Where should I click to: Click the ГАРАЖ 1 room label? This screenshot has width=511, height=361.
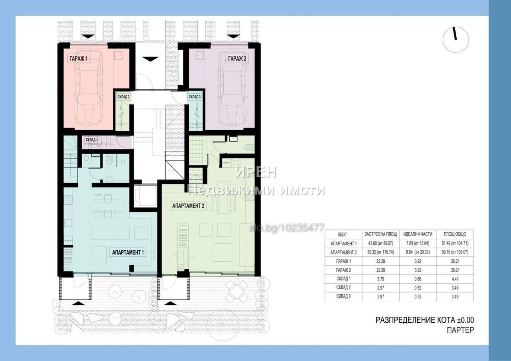click(78, 59)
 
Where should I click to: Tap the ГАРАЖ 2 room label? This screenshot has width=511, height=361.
click(237, 59)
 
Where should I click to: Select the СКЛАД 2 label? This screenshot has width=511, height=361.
click(123, 97)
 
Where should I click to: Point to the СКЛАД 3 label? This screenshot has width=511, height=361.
click(194, 97)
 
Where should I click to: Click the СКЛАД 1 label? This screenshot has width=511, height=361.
click(92, 140)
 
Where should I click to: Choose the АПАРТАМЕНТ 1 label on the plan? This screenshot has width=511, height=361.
click(128, 252)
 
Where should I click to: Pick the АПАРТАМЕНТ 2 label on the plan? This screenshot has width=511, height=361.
click(188, 206)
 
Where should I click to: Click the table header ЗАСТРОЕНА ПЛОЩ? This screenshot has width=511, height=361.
click(380, 234)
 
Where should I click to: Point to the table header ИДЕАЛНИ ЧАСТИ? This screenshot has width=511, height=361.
click(418, 234)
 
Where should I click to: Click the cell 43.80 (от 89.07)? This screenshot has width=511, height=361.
click(380, 243)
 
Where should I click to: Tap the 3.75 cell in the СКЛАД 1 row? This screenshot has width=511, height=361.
click(380, 279)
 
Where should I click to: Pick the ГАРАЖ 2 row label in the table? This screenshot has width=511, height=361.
click(344, 270)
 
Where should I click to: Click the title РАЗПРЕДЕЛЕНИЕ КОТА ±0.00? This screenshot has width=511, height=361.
click(424, 320)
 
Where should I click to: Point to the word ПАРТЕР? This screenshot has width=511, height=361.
click(460, 330)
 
